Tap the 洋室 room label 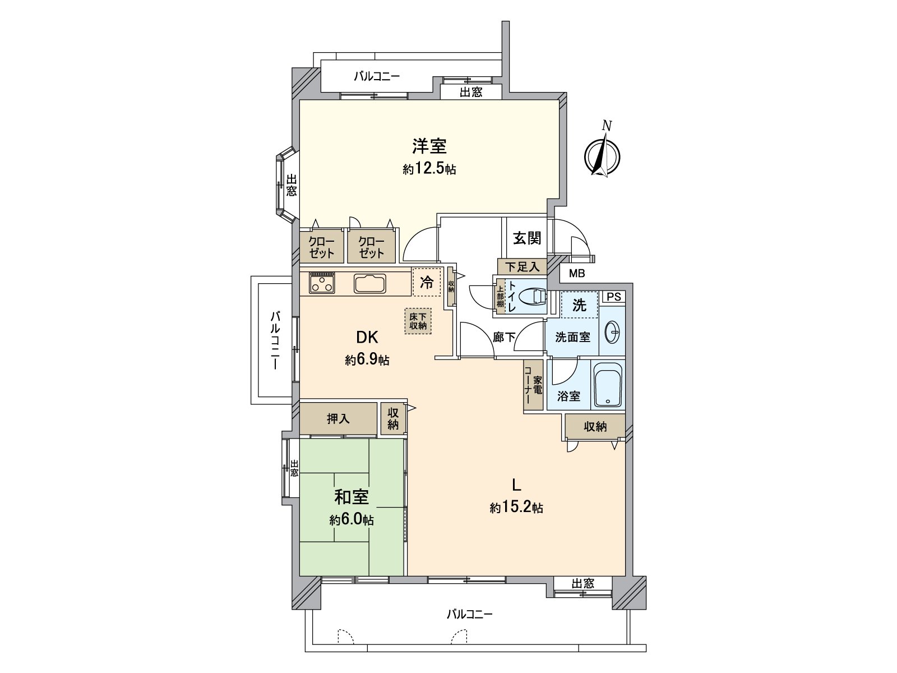coord(429,146)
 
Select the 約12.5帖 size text coord(429,169)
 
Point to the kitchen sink coord(370,283)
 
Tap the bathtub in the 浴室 coord(608,385)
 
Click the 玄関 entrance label coord(527,238)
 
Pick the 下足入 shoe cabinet coord(522,267)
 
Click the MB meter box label coord(577,274)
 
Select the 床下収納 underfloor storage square coord(418,321)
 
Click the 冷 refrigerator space coord(427,283)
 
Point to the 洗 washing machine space coord(579,305)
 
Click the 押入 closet coord(338,418)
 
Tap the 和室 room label coord(352,497)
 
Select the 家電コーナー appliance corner coord(533,385)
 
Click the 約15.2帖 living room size coord(516,508)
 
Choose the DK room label coord(367,337)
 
